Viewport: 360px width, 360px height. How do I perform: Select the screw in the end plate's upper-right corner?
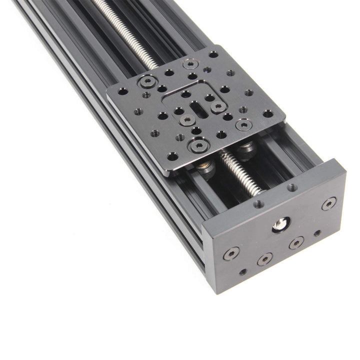328,203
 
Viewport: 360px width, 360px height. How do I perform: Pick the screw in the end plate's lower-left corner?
230,252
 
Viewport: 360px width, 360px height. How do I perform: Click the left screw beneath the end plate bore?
264,259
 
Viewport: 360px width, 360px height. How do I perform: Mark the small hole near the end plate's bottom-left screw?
242,272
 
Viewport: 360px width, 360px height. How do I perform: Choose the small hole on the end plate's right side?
316,233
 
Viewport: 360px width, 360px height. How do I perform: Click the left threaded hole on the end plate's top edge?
258,204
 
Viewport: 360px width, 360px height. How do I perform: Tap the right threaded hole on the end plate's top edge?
291,187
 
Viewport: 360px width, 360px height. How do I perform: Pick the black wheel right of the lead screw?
246,149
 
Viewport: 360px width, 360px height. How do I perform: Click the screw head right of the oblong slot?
216,106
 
